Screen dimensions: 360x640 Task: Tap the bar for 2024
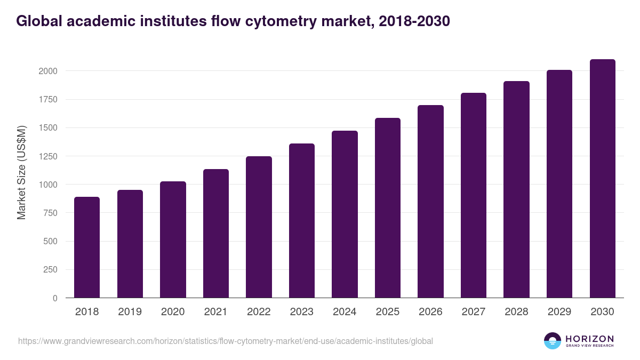[x=345, y=214]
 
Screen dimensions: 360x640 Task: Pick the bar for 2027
[x=473, y=195]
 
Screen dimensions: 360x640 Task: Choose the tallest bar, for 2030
[x=602, y=178]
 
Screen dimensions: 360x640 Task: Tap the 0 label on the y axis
[x=55, y=298]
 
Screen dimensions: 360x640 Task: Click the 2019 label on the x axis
[x=130, y=312]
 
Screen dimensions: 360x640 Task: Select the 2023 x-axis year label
[x=301, y=312]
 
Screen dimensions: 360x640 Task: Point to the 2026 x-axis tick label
[x=430, y=312]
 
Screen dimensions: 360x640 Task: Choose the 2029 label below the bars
[x=559, y=312]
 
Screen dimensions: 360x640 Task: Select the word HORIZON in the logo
[x=589, y=339]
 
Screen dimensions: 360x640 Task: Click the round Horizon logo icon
[x=553, y=341]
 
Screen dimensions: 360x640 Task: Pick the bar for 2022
[x=259, y=227]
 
